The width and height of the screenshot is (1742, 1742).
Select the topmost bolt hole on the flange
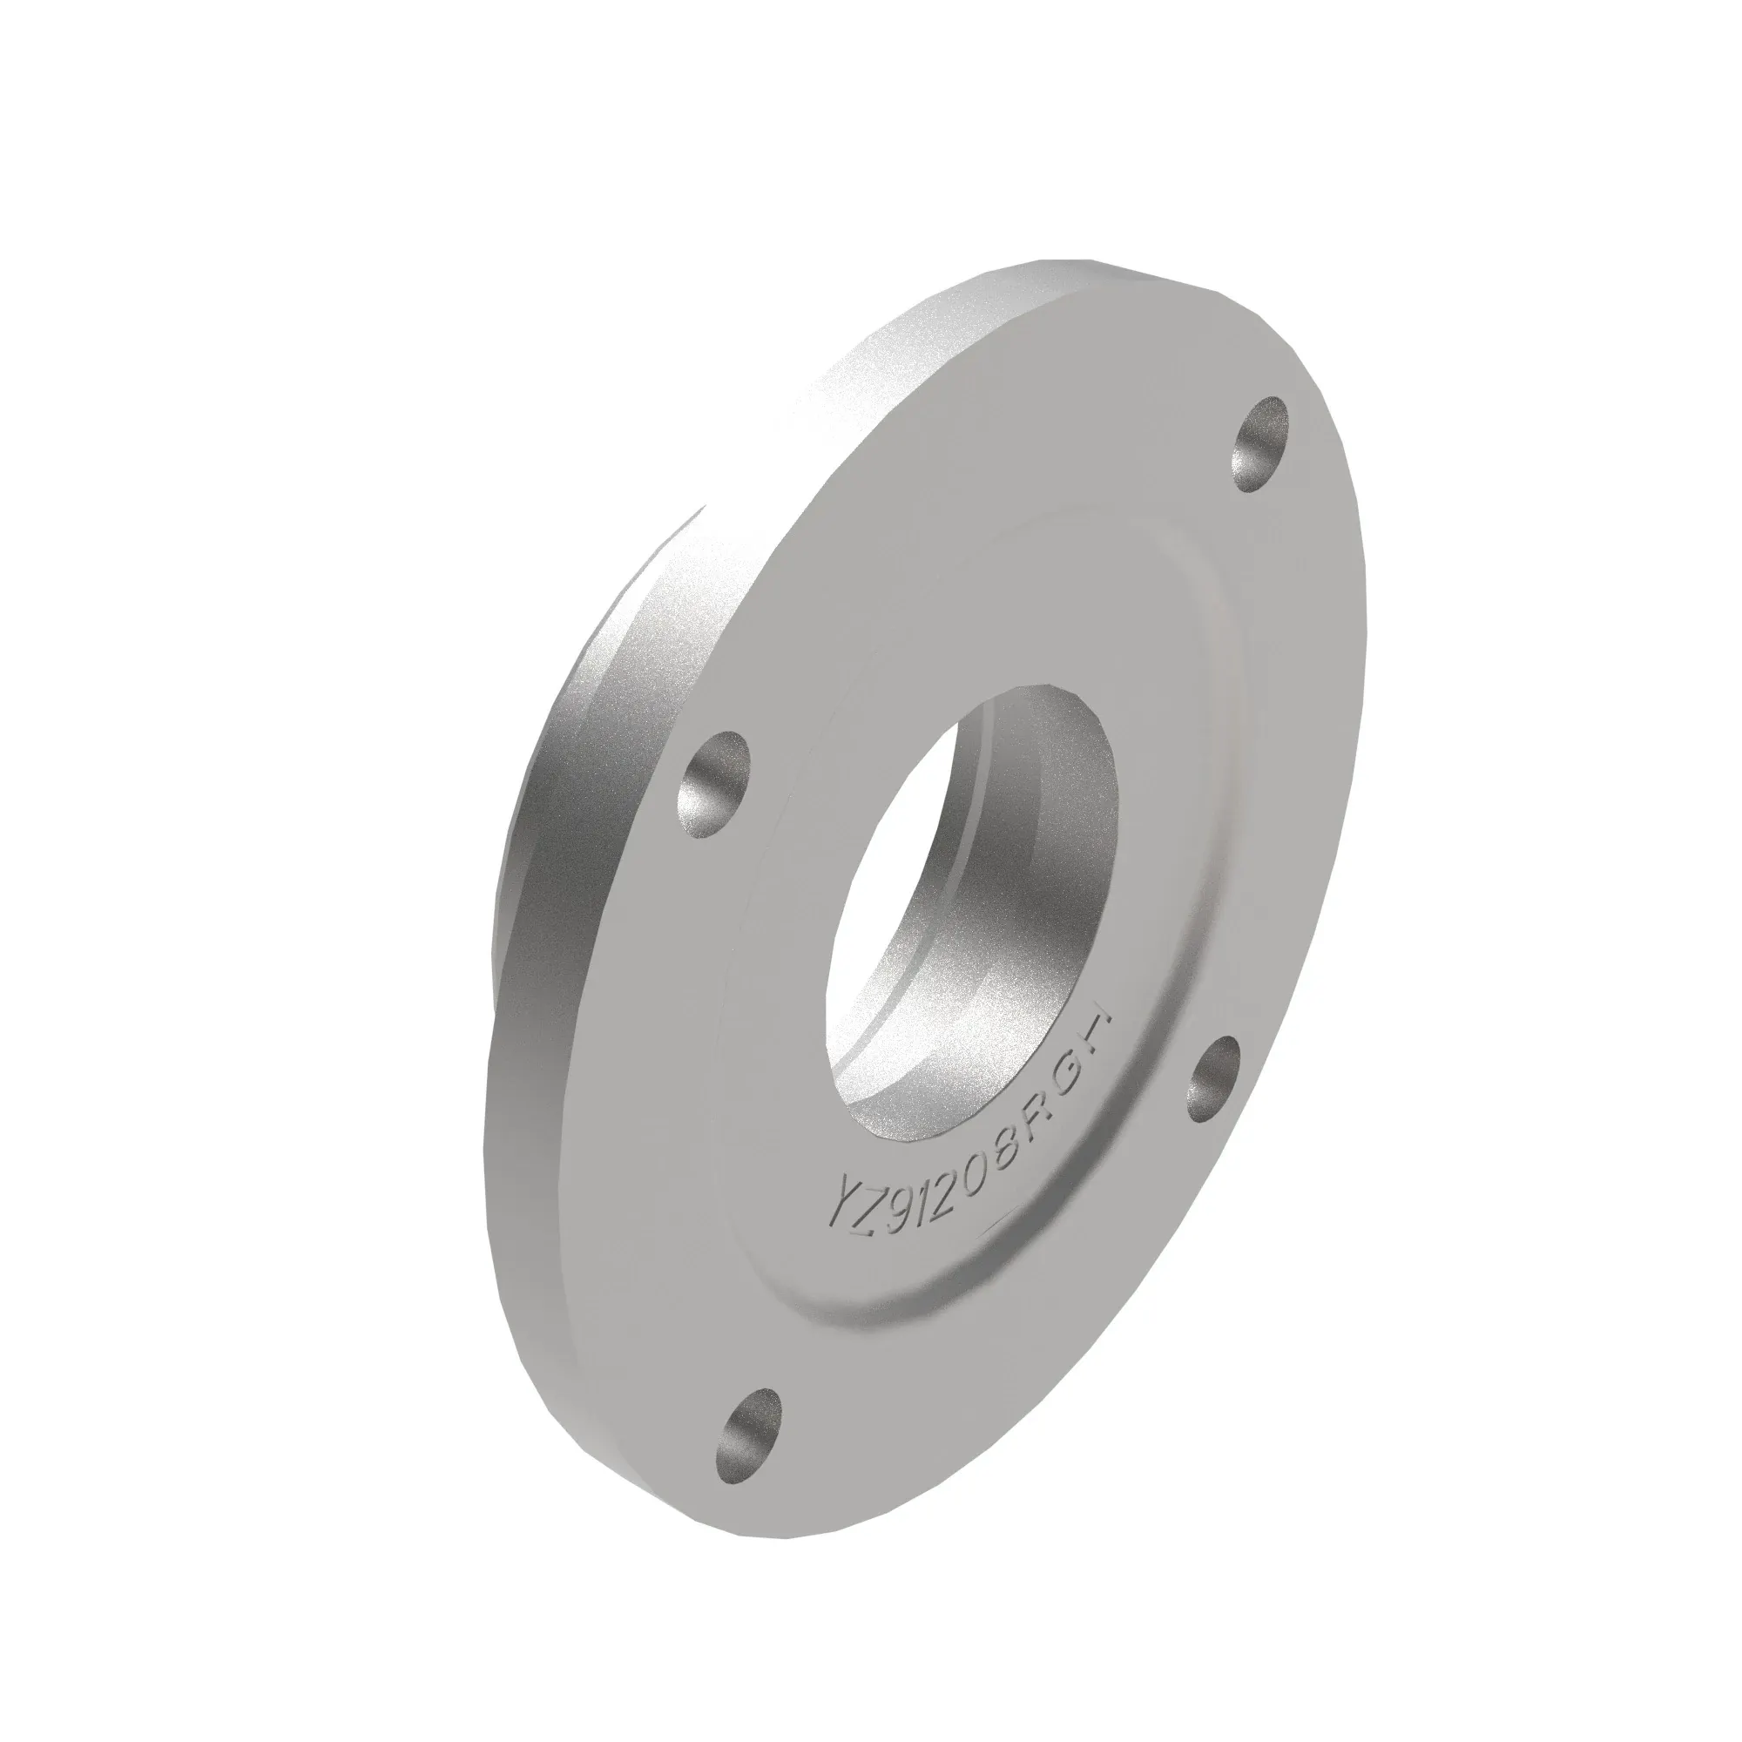pos(1259,443)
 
